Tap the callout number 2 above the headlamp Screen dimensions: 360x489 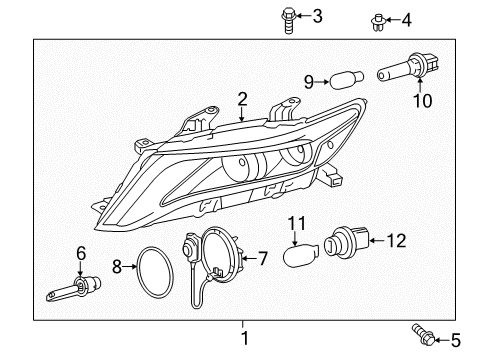click(242, 98)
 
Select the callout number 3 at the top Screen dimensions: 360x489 click(317, 15)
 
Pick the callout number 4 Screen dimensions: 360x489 click(405, 19)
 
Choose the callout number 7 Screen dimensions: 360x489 click(263, 258)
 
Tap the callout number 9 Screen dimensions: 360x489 click(309, 81)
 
